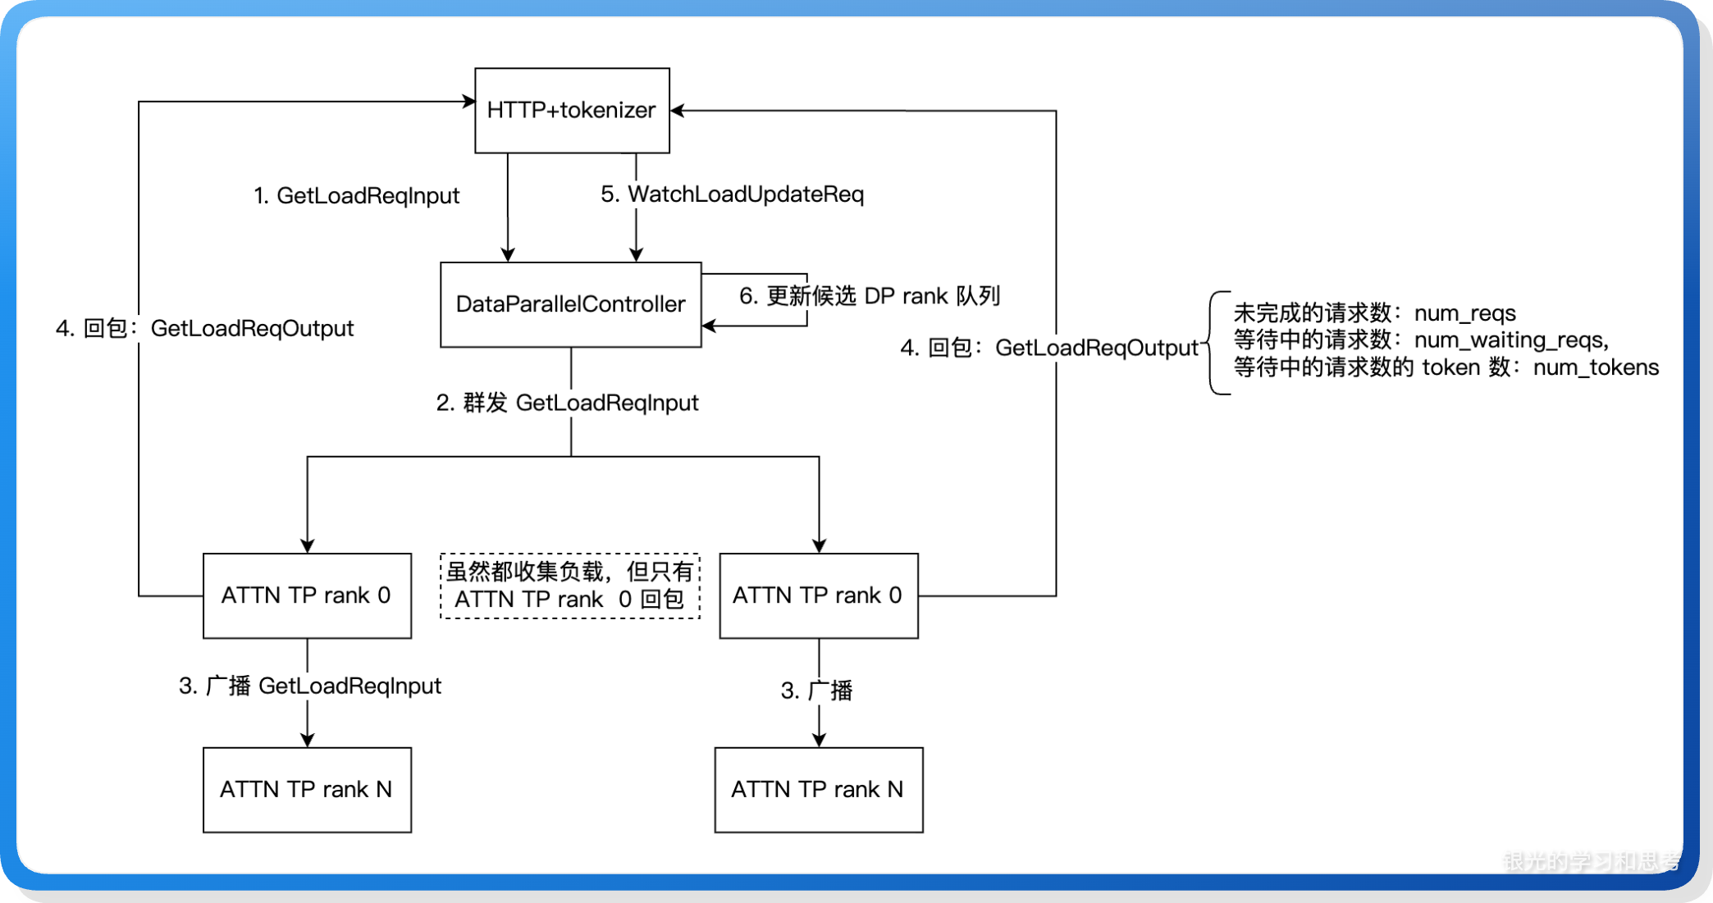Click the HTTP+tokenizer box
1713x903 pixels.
[572, 110]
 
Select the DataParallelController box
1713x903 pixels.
[570, 304]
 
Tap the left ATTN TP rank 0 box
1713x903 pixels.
[307, 595]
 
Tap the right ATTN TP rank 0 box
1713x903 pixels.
[818, 595]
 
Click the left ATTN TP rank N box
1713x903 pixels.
[307, 789]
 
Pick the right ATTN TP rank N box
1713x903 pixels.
[818, 789]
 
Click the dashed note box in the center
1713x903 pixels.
[570, 586]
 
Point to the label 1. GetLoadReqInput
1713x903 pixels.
[356, 196]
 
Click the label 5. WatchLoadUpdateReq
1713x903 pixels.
[732, 194]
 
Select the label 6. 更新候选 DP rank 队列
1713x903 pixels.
[870, 296]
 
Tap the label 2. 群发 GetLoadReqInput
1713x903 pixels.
[567, 403]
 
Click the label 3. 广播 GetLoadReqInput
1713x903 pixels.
[310, 686]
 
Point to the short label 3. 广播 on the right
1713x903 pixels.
[816, 691]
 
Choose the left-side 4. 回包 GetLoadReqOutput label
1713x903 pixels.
[205, 329]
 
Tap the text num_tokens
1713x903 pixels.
[1596, 367]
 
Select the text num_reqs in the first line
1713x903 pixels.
[1464, 313]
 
